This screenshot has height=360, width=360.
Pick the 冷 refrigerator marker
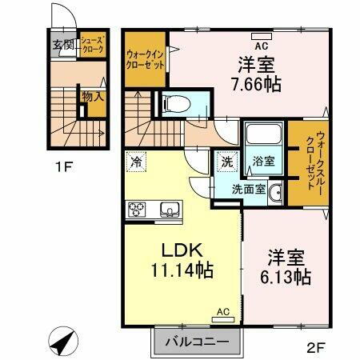136,162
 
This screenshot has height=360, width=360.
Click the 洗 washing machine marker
226,162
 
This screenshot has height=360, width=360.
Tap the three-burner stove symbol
137,210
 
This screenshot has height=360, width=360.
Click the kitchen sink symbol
170,210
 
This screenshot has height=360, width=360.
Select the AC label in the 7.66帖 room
261,34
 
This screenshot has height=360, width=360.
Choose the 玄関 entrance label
63,45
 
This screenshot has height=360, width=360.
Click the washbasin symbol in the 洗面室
275,191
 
